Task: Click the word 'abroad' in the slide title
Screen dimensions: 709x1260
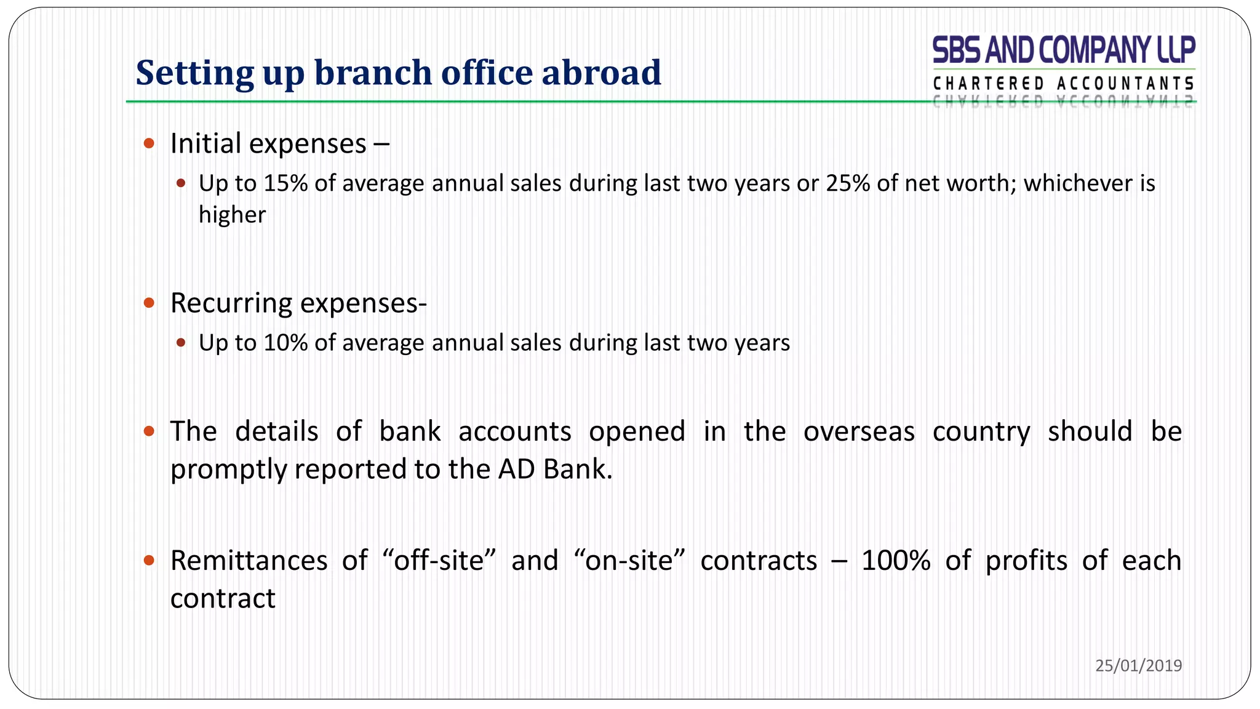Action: [x=601, y=73]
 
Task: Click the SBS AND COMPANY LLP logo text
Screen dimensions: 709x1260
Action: [x=1064, y=50]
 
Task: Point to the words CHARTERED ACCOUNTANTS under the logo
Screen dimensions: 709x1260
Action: [x=1064, y=83]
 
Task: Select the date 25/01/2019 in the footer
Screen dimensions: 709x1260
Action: [x=1138, y=665]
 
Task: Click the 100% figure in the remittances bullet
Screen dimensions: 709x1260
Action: [x=895, y=561]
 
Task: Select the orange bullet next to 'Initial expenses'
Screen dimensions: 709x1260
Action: [x=149, y=143]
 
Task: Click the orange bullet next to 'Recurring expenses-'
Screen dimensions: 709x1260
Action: [x=149, y=303]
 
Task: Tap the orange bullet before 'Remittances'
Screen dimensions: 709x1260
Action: [x=149, y=560]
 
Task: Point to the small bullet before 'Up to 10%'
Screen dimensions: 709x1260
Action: [x=181, y=343]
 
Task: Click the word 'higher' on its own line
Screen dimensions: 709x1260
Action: [x=232, y=215]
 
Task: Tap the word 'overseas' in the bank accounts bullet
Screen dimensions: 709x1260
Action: [x=859, y=431]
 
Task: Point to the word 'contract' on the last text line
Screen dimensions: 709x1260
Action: [x=223, y=599]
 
